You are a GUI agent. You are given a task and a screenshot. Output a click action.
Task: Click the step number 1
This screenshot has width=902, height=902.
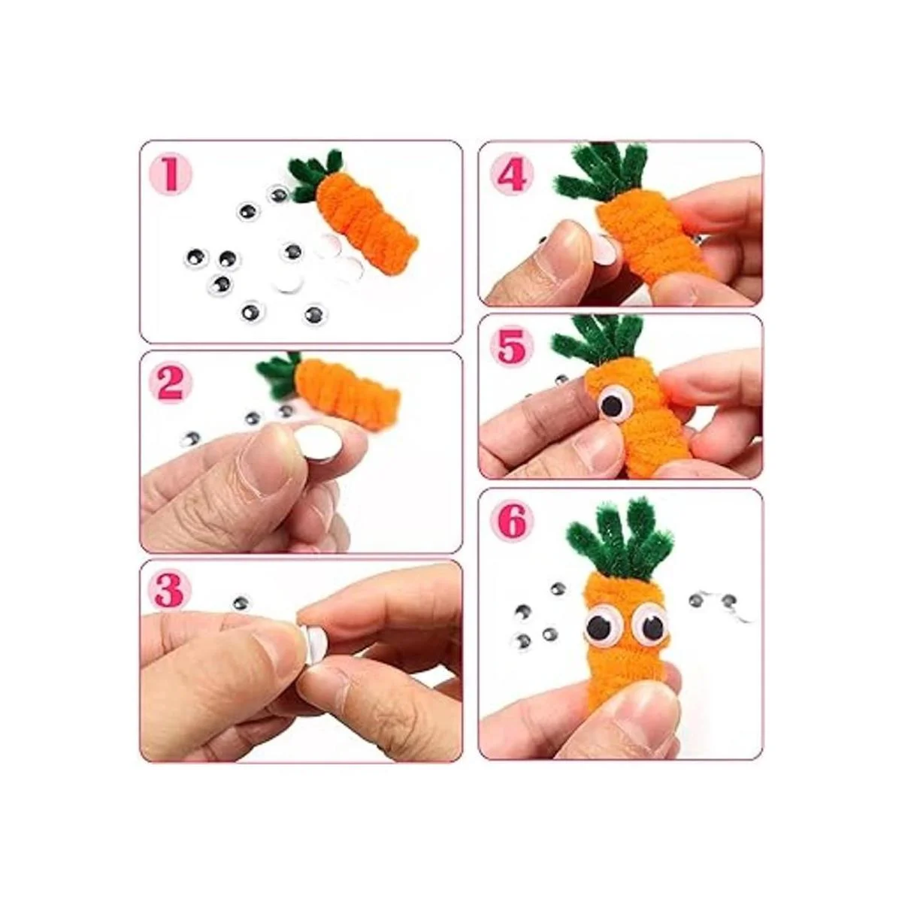point(171,174)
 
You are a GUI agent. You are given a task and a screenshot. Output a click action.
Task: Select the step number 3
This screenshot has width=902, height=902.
point(169,592)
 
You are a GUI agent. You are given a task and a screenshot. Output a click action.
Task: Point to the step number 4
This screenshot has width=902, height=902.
point(511,174)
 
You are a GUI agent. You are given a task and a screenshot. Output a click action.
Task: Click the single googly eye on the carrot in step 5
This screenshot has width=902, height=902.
point(612,406)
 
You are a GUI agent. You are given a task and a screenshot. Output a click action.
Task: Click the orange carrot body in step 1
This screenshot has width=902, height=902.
point(365,222)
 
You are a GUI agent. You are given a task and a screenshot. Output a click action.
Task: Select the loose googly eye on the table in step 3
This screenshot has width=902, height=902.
point(241,603)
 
